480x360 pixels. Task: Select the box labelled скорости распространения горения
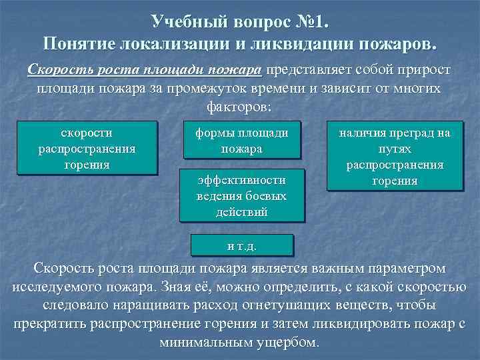tap(87, 147)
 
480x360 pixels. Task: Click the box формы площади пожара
tap(242, 140)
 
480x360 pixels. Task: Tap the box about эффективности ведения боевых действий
tap(242, 196)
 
